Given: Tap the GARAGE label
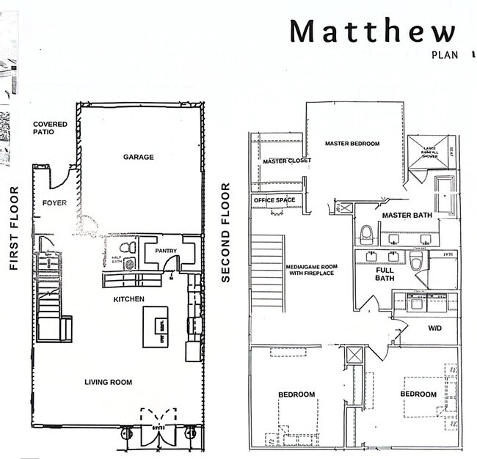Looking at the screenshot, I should click(138, 157).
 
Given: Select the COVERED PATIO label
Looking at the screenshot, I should click(50, 128).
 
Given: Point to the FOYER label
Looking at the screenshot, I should click(54, 202).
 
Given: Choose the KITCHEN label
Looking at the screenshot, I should click(128, 299).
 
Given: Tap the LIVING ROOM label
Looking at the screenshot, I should click(108, 381).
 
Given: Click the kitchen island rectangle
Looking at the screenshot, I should click(155, 325).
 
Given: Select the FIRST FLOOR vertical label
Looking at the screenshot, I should click(14, 229).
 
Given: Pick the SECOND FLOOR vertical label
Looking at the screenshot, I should click(226, 233).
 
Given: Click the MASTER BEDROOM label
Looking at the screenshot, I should click(352, 144).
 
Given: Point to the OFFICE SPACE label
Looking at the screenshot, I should click(274, 200).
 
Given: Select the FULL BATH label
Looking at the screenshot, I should click(385, 273).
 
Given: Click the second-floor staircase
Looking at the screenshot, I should click(268, 271).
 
